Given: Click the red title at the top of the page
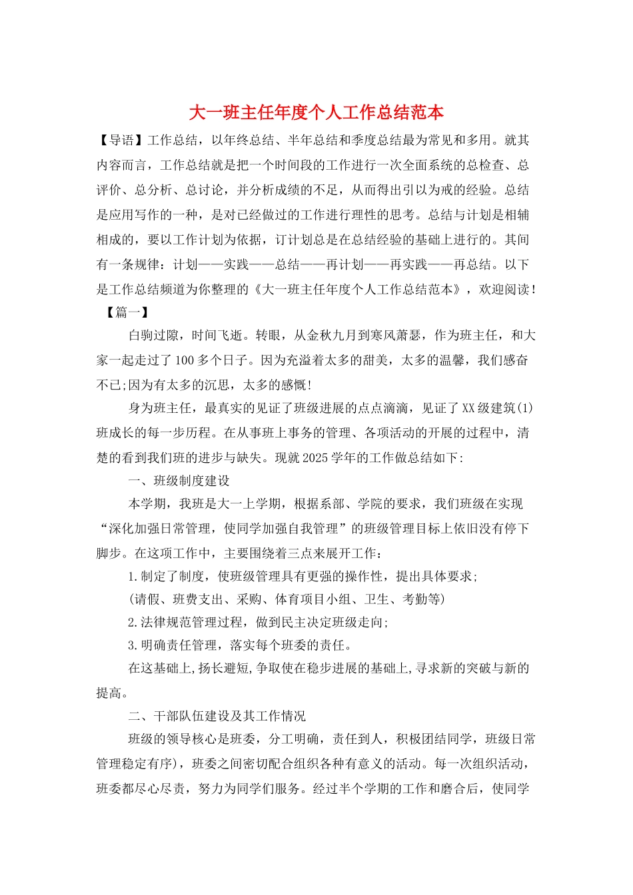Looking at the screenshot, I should click(x=316, y=113).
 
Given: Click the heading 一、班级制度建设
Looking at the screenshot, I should click(x=179, y=481).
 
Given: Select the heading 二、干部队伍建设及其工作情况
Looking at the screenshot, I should click(x=217, y=716).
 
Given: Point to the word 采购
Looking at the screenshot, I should click(x=250, y=599).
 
